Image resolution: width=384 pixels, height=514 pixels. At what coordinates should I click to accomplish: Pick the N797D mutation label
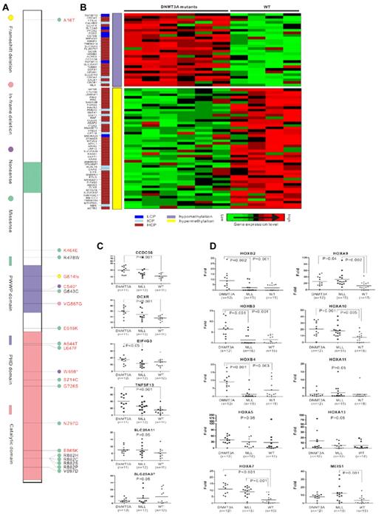point(71,423)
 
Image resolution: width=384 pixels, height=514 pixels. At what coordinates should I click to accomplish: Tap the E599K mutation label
point(71,327)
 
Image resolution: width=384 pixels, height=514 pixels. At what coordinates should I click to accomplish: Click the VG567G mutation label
point(73,303)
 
